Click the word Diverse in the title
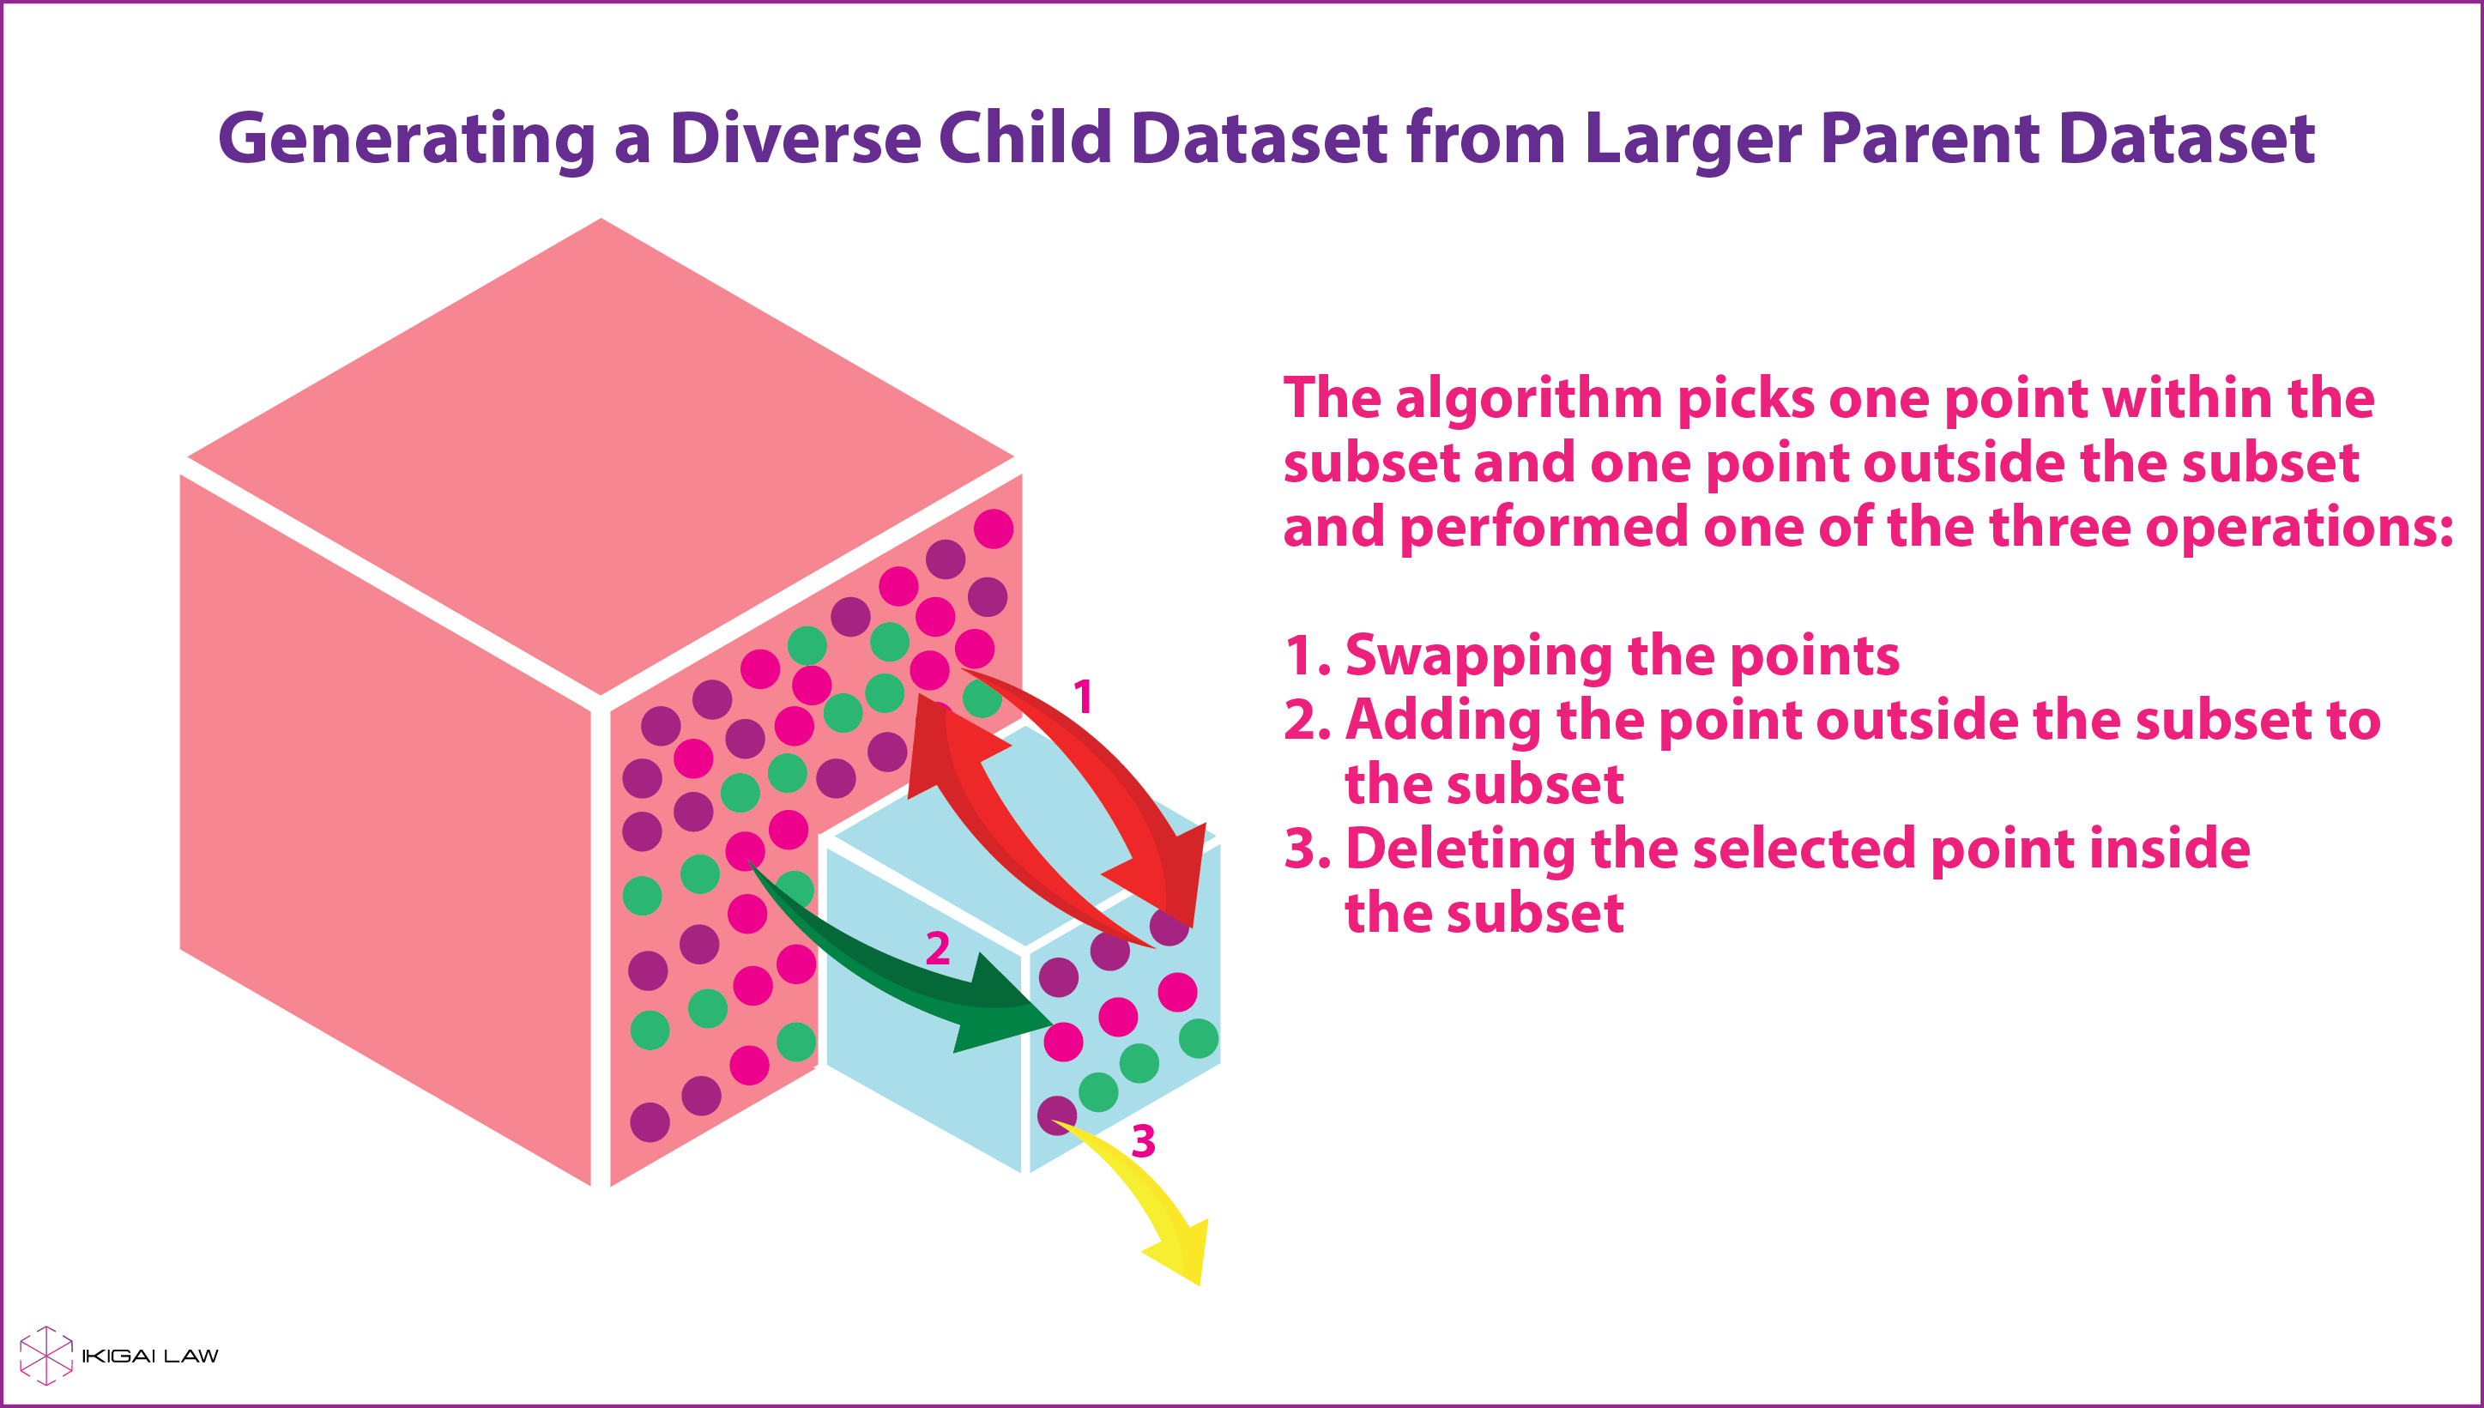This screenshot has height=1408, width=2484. tap(795, 137)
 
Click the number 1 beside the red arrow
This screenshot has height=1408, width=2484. tap(1083, 696)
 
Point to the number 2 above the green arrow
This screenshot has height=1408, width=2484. tap(938, 948)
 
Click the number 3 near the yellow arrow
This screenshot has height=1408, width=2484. tap(1144, 1141)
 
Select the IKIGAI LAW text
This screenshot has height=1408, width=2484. tap(151, 1356)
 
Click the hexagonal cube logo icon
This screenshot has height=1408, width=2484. tap(46, 1355)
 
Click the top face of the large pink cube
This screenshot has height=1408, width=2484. tap(601, 456)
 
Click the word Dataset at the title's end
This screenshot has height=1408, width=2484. tap(2187, 137)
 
